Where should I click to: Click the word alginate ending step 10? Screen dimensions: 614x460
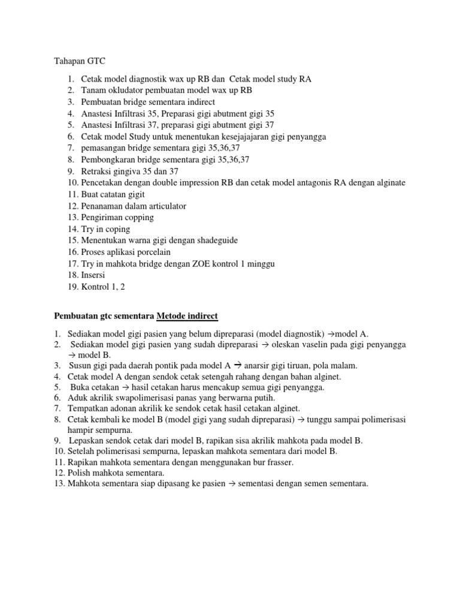388,183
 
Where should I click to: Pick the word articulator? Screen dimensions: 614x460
164,206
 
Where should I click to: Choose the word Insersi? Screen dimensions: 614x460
95,275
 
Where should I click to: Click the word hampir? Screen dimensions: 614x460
80,430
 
